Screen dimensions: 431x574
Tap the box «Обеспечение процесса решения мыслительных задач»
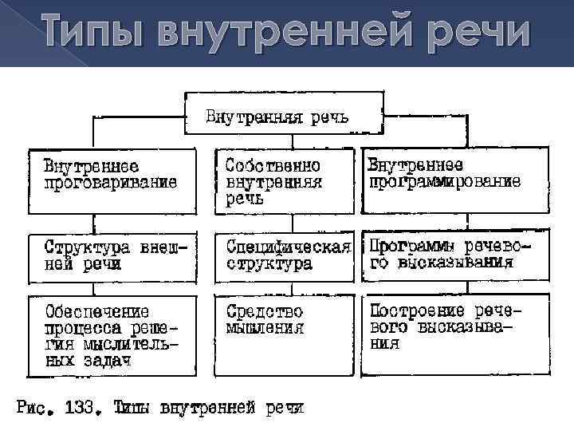[111, 336]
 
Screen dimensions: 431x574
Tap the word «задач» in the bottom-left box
[108, 362]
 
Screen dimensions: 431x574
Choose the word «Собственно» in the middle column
[273, 166]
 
